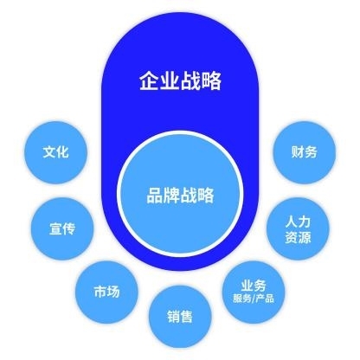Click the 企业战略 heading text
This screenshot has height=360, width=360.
coord(180,81)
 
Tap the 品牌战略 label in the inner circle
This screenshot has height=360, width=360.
coord(180,196)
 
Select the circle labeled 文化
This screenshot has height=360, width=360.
coord(55,152)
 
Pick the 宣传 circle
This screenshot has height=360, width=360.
coord(62,228)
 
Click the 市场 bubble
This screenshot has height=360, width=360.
coord(106,292)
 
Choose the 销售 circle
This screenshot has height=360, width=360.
coord(180,317)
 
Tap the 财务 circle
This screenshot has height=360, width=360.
coord(305,152)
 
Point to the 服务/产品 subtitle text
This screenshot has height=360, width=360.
coord(254,299)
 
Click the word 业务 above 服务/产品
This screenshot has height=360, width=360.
coord(254,286)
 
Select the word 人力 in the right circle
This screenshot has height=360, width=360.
coord(298,222)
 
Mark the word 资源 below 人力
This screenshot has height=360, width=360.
coord(298,237)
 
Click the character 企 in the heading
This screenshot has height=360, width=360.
coord(149,81)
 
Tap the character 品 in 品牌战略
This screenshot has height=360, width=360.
coord(155,196)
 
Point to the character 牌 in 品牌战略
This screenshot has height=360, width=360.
coord(171,196)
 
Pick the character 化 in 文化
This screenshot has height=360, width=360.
coord(62,152)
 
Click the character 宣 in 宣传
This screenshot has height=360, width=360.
coord(55,229)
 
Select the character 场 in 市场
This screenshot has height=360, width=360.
coord(113,292)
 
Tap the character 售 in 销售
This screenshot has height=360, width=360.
coord(187,317)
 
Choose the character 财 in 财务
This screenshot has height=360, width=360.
coord(298,152)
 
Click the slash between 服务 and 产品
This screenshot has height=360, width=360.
coord(254,299)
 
